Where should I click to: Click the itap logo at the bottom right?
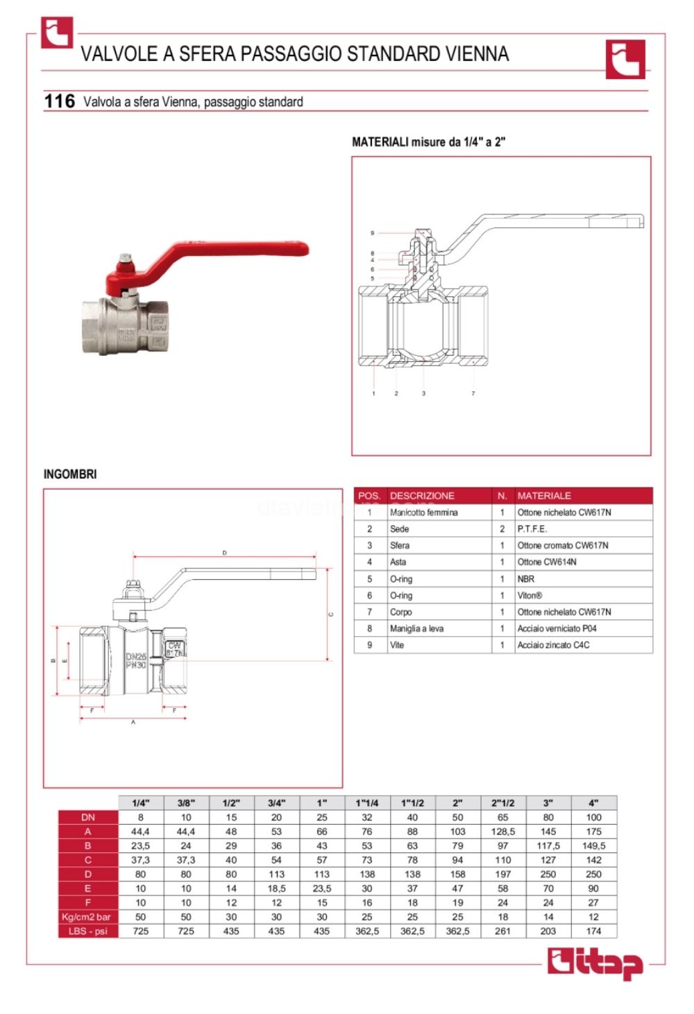595,964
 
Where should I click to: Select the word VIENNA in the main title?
477,54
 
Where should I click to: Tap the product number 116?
59,101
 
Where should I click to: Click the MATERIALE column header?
544,495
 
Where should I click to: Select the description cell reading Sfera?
400,545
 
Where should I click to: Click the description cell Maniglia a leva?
416,628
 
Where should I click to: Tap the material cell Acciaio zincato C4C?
553,645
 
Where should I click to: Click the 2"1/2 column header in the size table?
503,802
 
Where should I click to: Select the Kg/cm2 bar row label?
87,917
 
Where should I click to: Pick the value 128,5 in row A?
503,831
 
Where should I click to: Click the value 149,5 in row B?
594,845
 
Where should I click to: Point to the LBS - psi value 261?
503,931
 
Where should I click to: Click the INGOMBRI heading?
70,474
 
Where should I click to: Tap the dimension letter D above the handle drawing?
224,553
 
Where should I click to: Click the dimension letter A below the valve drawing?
133,723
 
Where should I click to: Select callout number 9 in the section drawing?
373,233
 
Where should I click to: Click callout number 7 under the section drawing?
473,394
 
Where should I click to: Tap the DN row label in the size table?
88,817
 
